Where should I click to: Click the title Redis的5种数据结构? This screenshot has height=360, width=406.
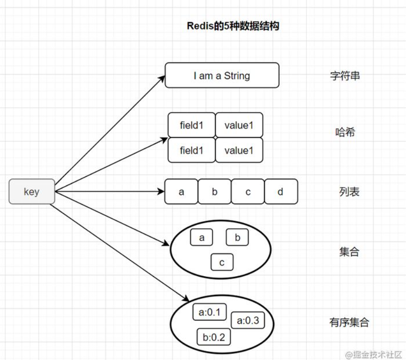[x=233, y=26]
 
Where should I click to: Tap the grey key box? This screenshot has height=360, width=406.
[x=31, y=192]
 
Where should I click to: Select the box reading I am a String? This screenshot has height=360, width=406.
[x=222, y=75]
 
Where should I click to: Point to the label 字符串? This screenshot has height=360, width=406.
[x=345, y=76]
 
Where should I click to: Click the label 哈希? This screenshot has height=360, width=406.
[x=345, y=132]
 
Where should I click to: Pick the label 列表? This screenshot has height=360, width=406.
[x=349, y=192]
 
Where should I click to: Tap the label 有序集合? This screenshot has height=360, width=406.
[x=349, y=322]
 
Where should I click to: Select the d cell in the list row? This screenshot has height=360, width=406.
[x=281, y=192]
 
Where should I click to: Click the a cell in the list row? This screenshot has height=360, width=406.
[x=181, y=192]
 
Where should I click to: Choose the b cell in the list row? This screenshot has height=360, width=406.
[x=215, y=192]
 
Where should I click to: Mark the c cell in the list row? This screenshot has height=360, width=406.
[x=248, y=192]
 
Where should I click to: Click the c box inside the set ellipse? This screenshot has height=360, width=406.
[x=222, y=263]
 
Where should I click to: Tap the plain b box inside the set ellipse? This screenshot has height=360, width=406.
[x=237, y=238]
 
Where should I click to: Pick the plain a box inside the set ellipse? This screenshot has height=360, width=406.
[x=202, y=238]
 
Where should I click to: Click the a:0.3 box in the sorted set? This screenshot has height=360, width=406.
[x=248, y=320]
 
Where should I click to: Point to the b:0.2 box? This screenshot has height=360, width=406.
[x=214, y=337]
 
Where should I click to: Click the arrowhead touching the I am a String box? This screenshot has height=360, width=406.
[x=162, y=79]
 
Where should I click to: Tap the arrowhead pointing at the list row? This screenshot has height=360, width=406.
[x=161, y=192]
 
